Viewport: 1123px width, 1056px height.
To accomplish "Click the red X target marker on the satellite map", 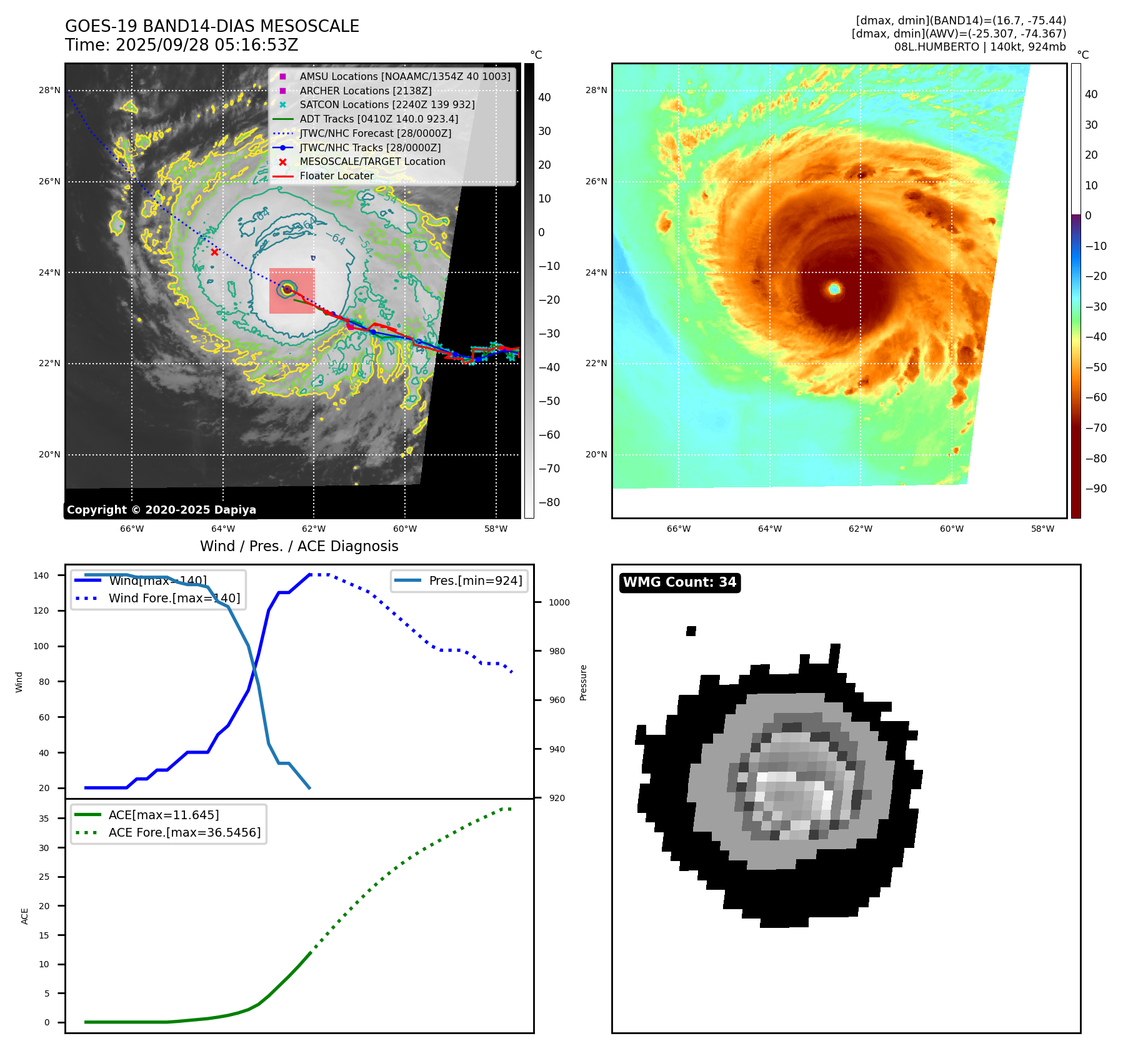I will click(214, 252).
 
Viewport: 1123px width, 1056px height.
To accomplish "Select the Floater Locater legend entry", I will click(336, 176).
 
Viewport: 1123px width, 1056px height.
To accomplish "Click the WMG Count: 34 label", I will click(679, 582).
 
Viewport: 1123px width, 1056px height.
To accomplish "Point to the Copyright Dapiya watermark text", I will click(161, 510).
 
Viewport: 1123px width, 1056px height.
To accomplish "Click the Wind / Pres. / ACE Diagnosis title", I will click(299, 546).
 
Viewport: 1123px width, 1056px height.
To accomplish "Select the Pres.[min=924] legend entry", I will click(475, 580).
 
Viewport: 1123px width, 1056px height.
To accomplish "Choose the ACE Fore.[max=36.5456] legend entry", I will click(184, 832).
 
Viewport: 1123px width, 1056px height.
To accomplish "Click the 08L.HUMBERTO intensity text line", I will click(979, 47).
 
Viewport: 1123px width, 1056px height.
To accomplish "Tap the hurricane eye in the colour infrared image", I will click(834, 289).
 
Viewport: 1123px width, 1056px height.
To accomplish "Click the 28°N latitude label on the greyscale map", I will click(49, 91).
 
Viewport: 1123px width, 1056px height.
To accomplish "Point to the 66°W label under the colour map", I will click(679, 529).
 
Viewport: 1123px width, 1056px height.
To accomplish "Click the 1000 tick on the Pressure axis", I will click(559, 602).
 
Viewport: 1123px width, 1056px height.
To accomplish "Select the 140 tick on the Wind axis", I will click(41, 575).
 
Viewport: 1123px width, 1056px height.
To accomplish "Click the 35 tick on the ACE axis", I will click(44, 819).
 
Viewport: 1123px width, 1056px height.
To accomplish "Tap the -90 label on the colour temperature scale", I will click(1096, 489).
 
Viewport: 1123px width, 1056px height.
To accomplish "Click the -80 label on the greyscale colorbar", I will click(549, 502).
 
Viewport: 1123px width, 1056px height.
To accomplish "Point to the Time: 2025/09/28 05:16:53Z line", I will click(181, 46).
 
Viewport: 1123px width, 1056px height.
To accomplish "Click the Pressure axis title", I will click(583, 682).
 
